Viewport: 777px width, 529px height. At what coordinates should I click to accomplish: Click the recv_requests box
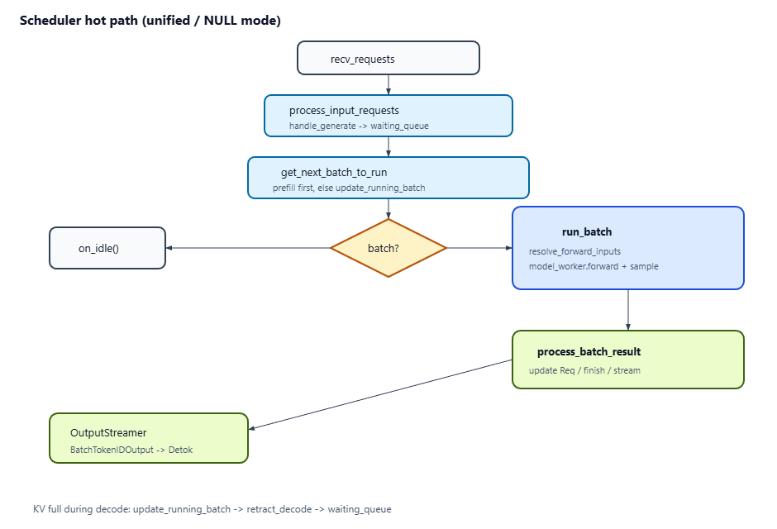[x=388, y=58]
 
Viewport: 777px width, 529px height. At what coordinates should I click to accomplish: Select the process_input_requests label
[x=344, y=111]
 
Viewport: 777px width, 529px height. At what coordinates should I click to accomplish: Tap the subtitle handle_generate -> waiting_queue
[x=359, y=126]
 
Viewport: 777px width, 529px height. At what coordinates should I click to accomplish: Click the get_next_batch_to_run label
[x=334, y=173]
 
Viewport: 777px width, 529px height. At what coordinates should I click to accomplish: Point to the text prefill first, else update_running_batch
[x=349, y=188]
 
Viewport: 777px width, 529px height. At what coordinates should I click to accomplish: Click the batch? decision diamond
[x=388, y=248]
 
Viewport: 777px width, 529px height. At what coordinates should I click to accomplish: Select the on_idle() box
[x=107, y=248]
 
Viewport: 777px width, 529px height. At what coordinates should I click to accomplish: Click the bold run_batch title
[x=587, y=231]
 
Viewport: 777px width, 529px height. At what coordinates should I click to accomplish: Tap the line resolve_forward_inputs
[x=574, y=251]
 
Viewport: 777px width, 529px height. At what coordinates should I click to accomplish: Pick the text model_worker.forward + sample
[x=593, y=266]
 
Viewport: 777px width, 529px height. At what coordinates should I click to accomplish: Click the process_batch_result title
[x=589, y=351]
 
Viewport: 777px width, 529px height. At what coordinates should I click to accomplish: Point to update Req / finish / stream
[x=584, y=370]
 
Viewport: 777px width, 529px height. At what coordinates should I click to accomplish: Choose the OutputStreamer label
[x=108, y=433]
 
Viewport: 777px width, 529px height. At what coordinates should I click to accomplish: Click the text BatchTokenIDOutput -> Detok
[x=131, y=450]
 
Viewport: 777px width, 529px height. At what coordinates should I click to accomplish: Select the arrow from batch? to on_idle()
[x=248, y=248]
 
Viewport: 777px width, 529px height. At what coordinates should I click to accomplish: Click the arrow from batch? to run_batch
[x=479, y=248]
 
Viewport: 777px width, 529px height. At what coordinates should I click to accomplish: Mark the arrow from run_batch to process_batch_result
[x=628, y=310]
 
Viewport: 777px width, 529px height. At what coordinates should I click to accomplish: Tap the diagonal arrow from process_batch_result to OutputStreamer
[x=380, y=394]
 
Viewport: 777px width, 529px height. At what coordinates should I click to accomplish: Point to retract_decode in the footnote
[x=279, y=509]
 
